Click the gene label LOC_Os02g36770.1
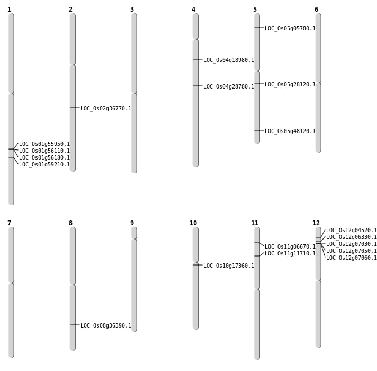[x=105, y=109]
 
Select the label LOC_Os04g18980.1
[x=228, y=60]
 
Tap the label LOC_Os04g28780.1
[x=228, y=87]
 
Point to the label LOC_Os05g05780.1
[x=290, y=29]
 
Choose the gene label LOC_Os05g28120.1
[x=290, y=85]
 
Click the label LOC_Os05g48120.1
[x=290, y=131]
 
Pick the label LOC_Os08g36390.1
[x=105, y=326]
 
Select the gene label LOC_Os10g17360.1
[x=228, y=266]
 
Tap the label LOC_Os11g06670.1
[x=290, y=247]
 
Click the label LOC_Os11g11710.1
[x=290, y=254]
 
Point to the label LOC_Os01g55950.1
[x=44, y=144]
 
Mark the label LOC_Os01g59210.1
[x=44, y=165]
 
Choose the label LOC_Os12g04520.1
[x=351, y=231]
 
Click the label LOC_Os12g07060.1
[x=351, y=258]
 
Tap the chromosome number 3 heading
[x=132, y=10]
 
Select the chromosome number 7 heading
[x=9, y=223]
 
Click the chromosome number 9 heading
[x=132, y=223]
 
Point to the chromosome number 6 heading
[x=316, y=10]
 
